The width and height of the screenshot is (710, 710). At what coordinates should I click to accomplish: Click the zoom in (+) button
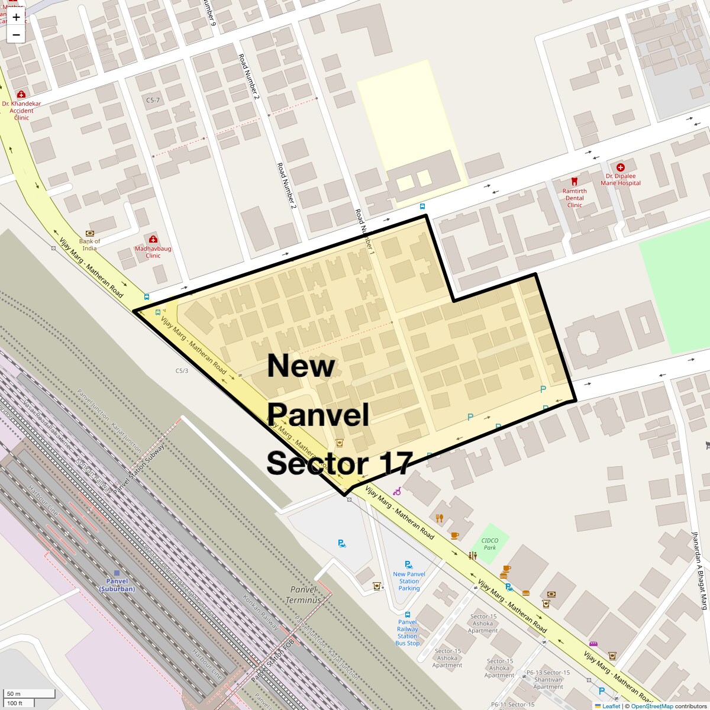(x=16, y=17)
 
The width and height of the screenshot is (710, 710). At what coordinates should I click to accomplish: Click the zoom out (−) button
(x=16, y=35)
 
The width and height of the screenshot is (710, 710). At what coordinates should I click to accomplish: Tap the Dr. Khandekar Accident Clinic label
(x=21, y=111)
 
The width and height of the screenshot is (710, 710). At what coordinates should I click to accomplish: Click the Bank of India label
(x=89, y=244)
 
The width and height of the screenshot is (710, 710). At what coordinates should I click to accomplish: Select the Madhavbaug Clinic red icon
(x=153, y=240)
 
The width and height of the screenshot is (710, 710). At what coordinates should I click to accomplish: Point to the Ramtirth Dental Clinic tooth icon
(x=574, y=182)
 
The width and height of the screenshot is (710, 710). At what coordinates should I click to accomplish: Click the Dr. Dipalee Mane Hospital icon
(x=620, y=168)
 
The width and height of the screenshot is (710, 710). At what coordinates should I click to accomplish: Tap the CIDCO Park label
(x=489, y=544)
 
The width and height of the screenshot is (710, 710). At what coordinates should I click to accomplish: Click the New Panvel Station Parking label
(x=409, y=581)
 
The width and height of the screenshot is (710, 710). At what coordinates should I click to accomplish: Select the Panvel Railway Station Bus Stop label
(x=407, y=632)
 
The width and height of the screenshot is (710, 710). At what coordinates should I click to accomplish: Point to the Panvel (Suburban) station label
(x=117, y=585)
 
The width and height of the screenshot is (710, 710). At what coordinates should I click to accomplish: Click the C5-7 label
(x=153, y=101)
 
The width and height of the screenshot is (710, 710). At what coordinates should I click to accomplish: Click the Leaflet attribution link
(x=611, y=706)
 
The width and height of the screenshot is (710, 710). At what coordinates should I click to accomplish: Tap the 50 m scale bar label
(x=14, y=693)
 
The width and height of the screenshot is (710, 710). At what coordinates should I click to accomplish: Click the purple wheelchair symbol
(x=398, y=491)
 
